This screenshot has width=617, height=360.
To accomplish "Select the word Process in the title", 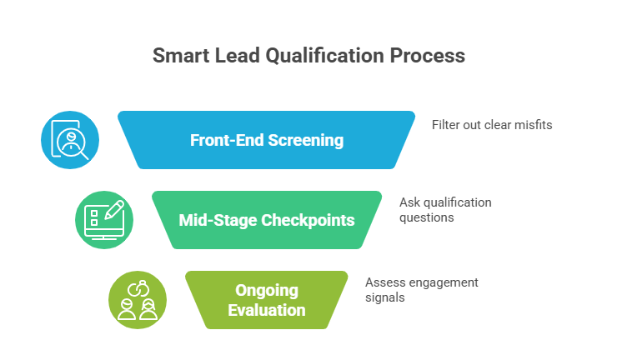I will click(x=429, y=57).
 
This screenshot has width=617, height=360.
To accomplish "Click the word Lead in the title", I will click(x=234, y=57).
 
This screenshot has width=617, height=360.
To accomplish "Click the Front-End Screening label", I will click(x=267, y=140).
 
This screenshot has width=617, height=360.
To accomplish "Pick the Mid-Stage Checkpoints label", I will click(x=267, y=220).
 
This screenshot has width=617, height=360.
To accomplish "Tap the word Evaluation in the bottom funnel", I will click(x=266, y=310).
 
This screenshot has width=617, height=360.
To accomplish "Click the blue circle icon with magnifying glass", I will click(x=70, y=140).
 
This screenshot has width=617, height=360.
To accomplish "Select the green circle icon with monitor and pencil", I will click(x=104, y=220).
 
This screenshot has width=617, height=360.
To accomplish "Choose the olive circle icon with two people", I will click(x=138, y=300).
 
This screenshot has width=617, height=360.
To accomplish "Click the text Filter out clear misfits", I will click(x=492, y=125).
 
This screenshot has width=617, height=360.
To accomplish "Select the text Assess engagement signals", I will click(x=421, y=289).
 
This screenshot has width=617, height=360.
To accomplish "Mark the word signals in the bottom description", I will click(x=385, y=297).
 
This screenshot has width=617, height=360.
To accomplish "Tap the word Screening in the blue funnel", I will click(x=306, y=140).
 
